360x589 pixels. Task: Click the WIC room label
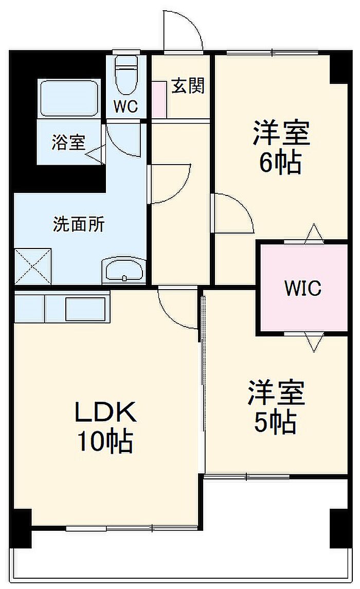click(x=303, y=288)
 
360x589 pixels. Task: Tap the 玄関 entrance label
click(x=188, y=86)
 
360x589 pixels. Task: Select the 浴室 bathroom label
click(x=68, y=142)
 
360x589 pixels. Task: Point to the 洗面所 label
click(x=79, y=224)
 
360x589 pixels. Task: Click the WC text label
click(x=125, y=106)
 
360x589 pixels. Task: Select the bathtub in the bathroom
click(x=68, y=98)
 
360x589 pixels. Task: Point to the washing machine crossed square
click(x=33, y=265)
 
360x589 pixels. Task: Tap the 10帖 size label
click(x=105, y=441)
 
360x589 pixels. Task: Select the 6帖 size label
click(x=280, y=163)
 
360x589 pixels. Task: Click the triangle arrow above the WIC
click(x=313, y=233)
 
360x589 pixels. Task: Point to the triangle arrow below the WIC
click(x=313, y=342)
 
